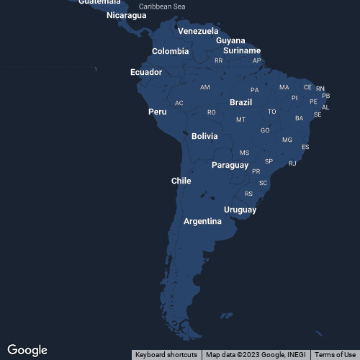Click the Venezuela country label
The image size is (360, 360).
click(198, 31)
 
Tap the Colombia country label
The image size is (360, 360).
click(170, 51)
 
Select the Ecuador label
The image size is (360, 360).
click(145, 72)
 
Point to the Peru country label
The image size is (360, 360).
click(157, 112)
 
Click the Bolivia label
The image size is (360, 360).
click(204, 136)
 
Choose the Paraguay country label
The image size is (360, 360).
click(230, 165)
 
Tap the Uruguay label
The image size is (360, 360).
click(240, 210)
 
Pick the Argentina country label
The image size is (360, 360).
click(202, 221)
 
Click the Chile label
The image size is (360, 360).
click(181, 181)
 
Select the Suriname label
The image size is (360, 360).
click(242, 50)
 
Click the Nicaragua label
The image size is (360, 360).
click(126, 15)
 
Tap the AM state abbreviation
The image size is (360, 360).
click(205, 87)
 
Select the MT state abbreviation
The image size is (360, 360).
click(240, 120)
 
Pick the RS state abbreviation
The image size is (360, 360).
click(249, 194)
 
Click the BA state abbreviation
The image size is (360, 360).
click(299, 118)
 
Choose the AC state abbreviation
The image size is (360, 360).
click(179, 103)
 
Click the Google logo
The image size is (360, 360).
click(27, 350)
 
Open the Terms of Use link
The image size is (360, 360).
click(335, 354)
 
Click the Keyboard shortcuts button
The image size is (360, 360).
click(166, 354)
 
